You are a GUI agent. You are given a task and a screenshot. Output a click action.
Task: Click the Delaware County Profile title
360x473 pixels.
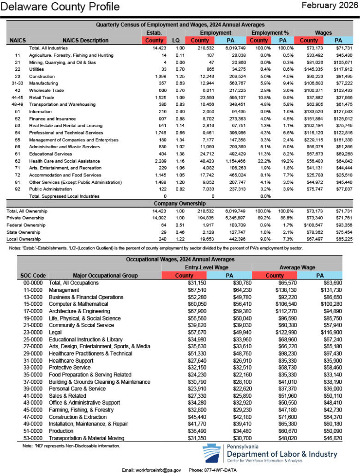[60, 7]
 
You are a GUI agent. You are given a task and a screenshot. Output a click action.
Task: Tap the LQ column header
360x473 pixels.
[175, 40]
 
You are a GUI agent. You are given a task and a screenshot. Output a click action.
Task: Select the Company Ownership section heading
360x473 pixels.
[180, 203]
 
